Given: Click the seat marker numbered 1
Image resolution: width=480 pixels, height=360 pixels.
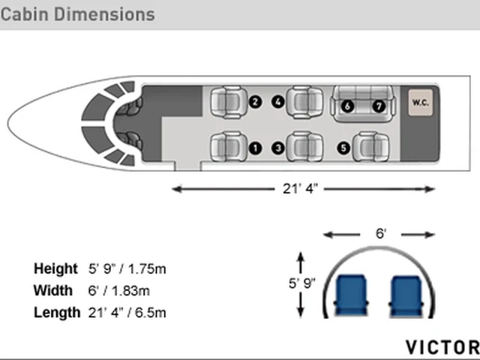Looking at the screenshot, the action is tap(255, 148).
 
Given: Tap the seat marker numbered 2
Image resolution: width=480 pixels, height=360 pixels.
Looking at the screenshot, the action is tap(255, 102).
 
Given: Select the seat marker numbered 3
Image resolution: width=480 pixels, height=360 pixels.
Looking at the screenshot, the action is tap(278, 148).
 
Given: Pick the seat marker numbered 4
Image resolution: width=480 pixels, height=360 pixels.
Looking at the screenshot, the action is tap(278, 102).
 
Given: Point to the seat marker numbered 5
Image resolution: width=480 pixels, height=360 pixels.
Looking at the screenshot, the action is tap(343, 148).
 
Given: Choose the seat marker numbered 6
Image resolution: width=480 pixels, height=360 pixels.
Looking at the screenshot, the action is tap(347, 106).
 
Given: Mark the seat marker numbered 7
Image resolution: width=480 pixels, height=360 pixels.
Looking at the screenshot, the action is tap(379, 106).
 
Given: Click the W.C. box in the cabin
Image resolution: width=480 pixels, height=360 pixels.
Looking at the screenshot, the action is tap(421, 103).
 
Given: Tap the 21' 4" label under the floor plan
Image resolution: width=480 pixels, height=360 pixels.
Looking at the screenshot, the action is tap(300, 188).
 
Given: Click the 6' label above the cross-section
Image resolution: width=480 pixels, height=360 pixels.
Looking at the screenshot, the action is tap(381, 233).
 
